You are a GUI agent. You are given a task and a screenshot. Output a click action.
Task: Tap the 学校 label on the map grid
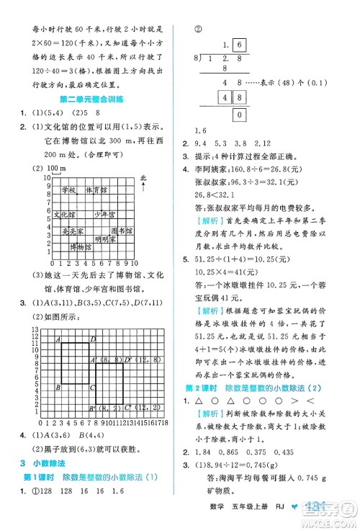pyautogui.click(x=68, y=189)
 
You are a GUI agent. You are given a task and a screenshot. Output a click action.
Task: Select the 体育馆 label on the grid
pyautogui.click(x=95, y=189)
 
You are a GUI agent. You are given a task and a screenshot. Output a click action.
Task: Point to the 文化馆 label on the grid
pyautogui.click(x=63, y=214)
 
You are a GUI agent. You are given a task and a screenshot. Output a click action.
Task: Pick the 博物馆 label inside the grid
pyautogui.click(x=81, y=246)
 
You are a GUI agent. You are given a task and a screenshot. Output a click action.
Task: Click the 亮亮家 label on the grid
pyautogui.click(x=72, y=231)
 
